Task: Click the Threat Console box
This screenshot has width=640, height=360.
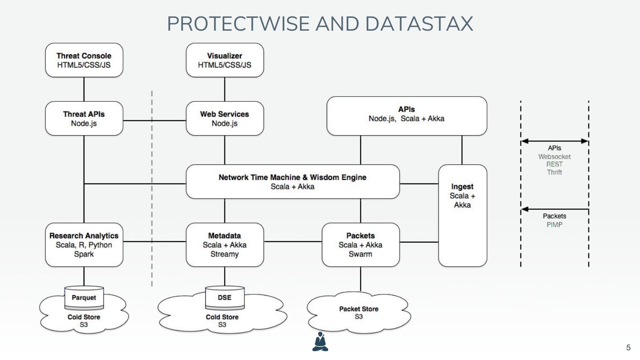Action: [x=84, y=60]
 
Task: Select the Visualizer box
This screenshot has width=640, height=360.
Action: [x=224, y=60]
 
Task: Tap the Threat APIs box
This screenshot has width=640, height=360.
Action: [x=84, y=118]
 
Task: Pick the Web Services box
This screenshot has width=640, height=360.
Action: [x=224, y=118]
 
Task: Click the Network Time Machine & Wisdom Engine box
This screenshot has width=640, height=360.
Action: [x=292, y=181]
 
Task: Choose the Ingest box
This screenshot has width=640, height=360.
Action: [x=462, y=216]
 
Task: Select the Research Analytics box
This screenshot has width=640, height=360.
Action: [x=84, y=244]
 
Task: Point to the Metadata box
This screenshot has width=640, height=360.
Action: [x=224, y=244]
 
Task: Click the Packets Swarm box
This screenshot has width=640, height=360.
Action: [x=360, y=244]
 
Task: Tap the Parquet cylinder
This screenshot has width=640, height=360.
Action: [x=84, y=298]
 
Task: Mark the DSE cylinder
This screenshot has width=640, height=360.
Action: [x=224, y=298]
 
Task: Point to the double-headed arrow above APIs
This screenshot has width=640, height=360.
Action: [x=554, y=141]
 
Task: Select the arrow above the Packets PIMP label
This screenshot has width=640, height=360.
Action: [x=554, y=209]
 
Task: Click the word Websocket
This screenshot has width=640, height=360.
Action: [x=554, y=156]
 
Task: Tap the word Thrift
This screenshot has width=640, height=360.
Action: [x=554, y=172]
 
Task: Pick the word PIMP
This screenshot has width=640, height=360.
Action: [x=554, y=224]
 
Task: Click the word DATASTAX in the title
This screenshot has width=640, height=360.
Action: [x=419, y=24]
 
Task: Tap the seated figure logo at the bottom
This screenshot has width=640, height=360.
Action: [x=320, y=341]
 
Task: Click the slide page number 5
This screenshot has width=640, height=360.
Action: [x=628, y=348]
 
